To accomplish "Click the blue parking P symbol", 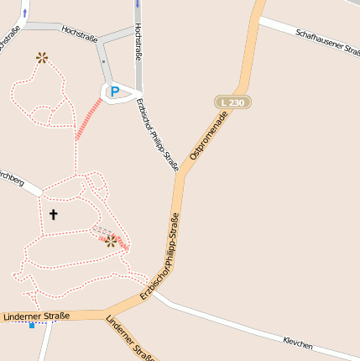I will (x=115, y=91).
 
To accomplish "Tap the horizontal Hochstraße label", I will (x=80, y=34).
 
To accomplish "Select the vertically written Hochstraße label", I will (x=138, y=42).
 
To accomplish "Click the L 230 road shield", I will (x=232, y=102).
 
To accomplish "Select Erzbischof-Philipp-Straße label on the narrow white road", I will (x=157, y=135).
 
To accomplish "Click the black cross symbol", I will (x=53, y=214).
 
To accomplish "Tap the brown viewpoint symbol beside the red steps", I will (x=110, y=241).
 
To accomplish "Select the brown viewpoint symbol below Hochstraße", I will (x=41, y=57).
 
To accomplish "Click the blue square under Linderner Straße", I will (x=32, y=325).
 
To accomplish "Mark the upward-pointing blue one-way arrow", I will (x=24, y=12).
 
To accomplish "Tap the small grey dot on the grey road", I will (x=103, y=61).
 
